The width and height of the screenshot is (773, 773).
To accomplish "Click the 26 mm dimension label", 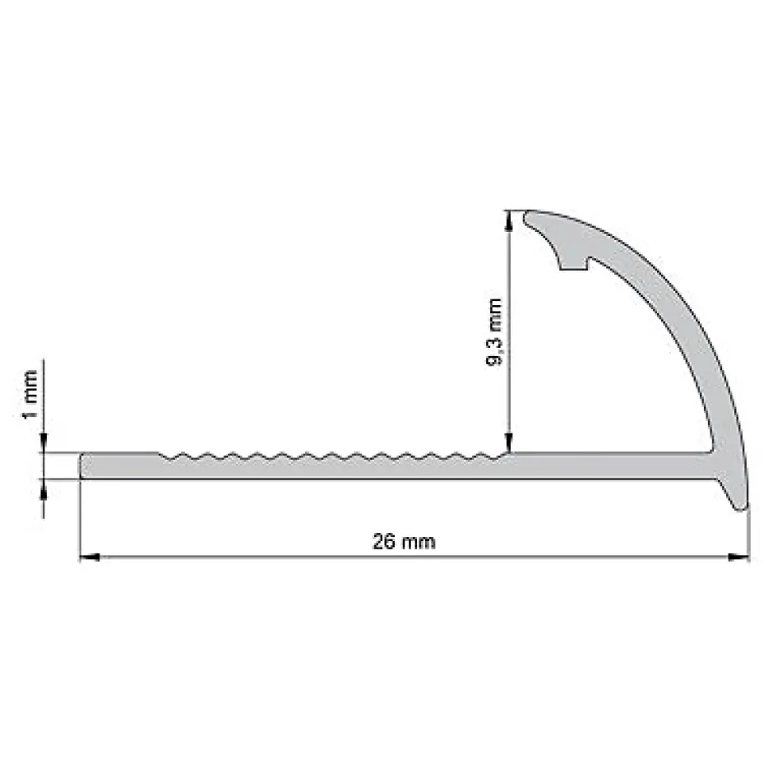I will coord(403,542).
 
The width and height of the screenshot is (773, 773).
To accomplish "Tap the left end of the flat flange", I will coord(82,465).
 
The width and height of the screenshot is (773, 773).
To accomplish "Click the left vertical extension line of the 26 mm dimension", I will coord(80,518).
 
